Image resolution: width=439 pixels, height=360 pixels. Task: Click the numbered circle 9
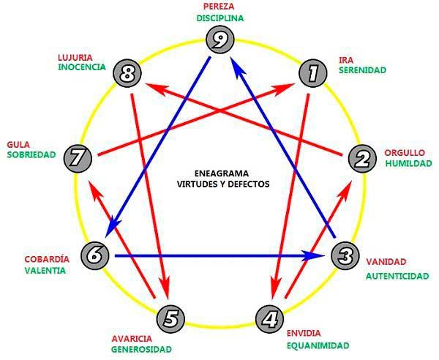(x=219, y=40)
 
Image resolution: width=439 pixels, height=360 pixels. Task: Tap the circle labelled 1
(x=312, y=73)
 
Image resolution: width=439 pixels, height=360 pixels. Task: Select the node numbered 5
(x=170, y=319)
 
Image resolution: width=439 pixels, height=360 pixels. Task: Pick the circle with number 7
(x=78, y=158)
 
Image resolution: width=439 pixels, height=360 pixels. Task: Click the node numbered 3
(x=345, y=256)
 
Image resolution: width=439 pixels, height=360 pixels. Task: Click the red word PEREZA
(x=219, y=6)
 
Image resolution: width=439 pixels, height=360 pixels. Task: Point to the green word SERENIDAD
(x=363, y=70)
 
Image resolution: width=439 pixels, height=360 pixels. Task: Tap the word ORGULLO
(x=405, y=153)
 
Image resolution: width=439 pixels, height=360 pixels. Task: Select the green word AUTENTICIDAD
(x=397, y=277)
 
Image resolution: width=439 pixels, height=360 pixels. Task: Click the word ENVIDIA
(x=304, y=333)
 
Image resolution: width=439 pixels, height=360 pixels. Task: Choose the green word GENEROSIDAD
(x=142, y=349)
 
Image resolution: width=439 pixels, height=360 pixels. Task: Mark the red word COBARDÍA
(x=47, y=259)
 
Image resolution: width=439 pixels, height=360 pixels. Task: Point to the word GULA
(x=18, y=145)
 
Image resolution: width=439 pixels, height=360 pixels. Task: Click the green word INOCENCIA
(x=82, y=67)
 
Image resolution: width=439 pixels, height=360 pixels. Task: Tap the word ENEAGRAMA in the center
(x=222, y=173)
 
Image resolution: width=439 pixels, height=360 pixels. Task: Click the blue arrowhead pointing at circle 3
(x=314, y=255)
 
